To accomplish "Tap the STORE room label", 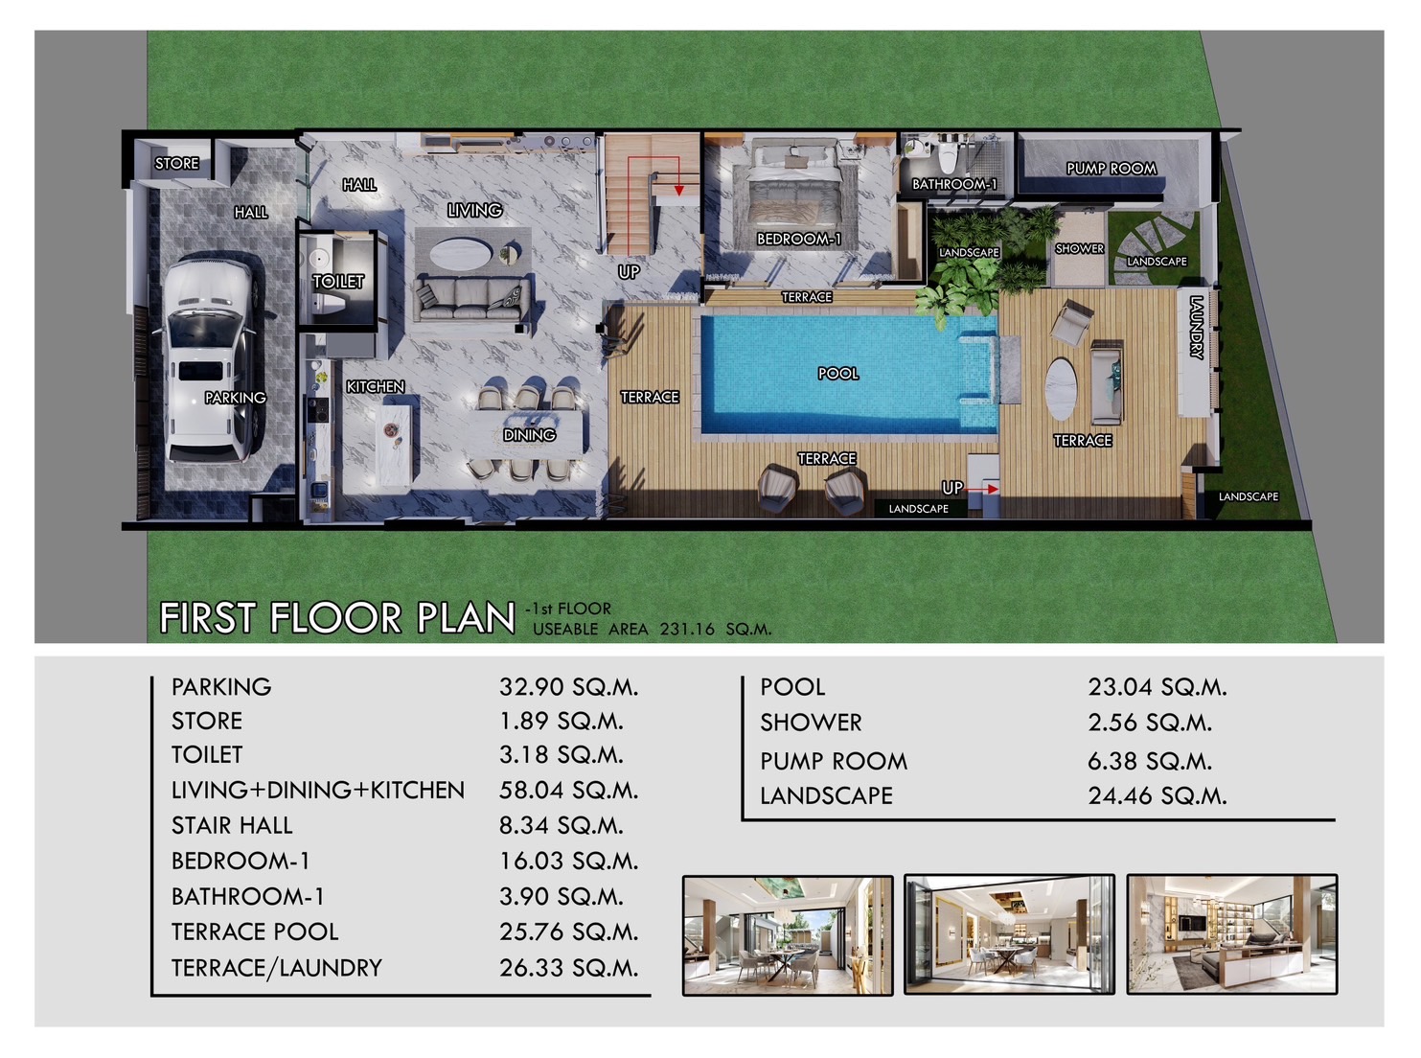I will click(x=177, y=164).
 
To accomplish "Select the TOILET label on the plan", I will click(x=338, y=282).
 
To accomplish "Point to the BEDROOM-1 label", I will click(x=798, y=239).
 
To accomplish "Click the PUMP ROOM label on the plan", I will click(x=1112, y=169).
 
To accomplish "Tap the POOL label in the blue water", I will click(x=838, y=374).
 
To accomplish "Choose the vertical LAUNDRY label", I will click(x=1196, y=327).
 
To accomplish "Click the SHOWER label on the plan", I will click(x=1079, y=249).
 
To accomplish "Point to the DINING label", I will click(x=529, y=435).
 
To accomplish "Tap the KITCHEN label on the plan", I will click(x=376, y=387).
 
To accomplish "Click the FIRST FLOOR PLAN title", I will click(x=337, y=618).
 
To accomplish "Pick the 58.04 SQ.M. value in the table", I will click(x=568, y=790).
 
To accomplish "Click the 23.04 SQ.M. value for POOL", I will click(x=1157, y=687).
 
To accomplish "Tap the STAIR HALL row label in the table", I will click(x=232, y=825).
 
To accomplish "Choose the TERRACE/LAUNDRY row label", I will click(x=277, y=968).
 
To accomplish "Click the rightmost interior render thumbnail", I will click(x=1231, y=934).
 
